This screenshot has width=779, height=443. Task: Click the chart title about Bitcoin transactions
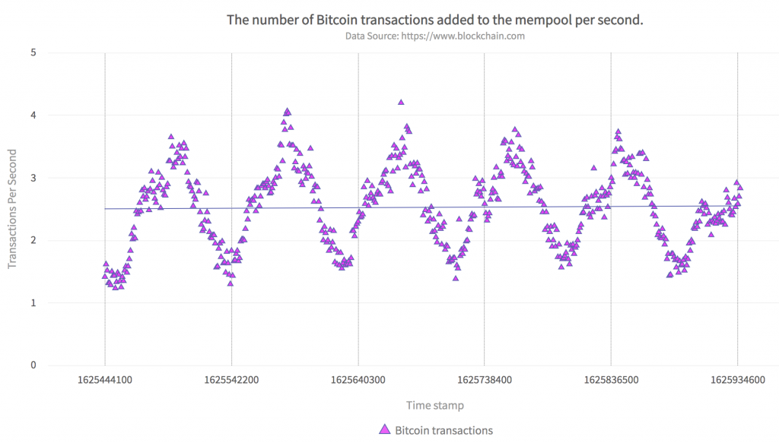tap(435, 20)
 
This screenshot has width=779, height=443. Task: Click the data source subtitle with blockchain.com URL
tap(435, 36)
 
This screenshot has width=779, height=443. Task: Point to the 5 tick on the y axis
tap(33, 53)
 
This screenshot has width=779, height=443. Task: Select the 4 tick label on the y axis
tap(33, 115)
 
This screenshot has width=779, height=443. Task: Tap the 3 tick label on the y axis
tap(33, 178)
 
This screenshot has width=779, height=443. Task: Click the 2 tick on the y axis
tap(33, 241)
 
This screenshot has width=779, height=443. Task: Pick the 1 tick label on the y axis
tap(33, 303)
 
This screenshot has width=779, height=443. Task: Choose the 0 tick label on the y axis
tap(33, 365)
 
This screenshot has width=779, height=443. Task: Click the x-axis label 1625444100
tap(105, 379)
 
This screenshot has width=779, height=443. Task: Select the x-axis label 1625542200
tap(231, 379)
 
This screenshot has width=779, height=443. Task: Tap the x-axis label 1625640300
tap(358, 379)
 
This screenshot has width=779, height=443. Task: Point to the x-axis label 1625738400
tap(485, 379)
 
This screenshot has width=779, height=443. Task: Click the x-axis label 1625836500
tap(611, 379)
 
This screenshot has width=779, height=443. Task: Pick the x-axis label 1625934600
tap(737, 379)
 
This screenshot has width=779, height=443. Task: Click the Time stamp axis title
tap(434, 405)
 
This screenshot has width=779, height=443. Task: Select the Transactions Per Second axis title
tap(12, 209)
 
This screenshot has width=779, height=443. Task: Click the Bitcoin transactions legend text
tap(444, 430)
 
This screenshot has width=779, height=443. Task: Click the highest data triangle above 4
tap(401, 102)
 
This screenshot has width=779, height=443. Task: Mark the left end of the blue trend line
tap(106, 208)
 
